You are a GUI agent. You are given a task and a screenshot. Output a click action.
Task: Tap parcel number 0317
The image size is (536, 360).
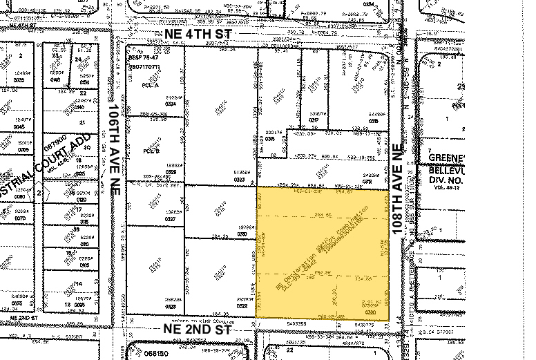[x=314, y=120]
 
